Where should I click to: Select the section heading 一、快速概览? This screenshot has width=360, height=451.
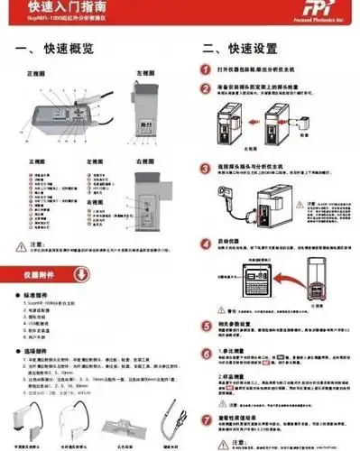(x=55, y=49)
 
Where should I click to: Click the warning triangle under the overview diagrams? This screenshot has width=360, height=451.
(x=20, y=246)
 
